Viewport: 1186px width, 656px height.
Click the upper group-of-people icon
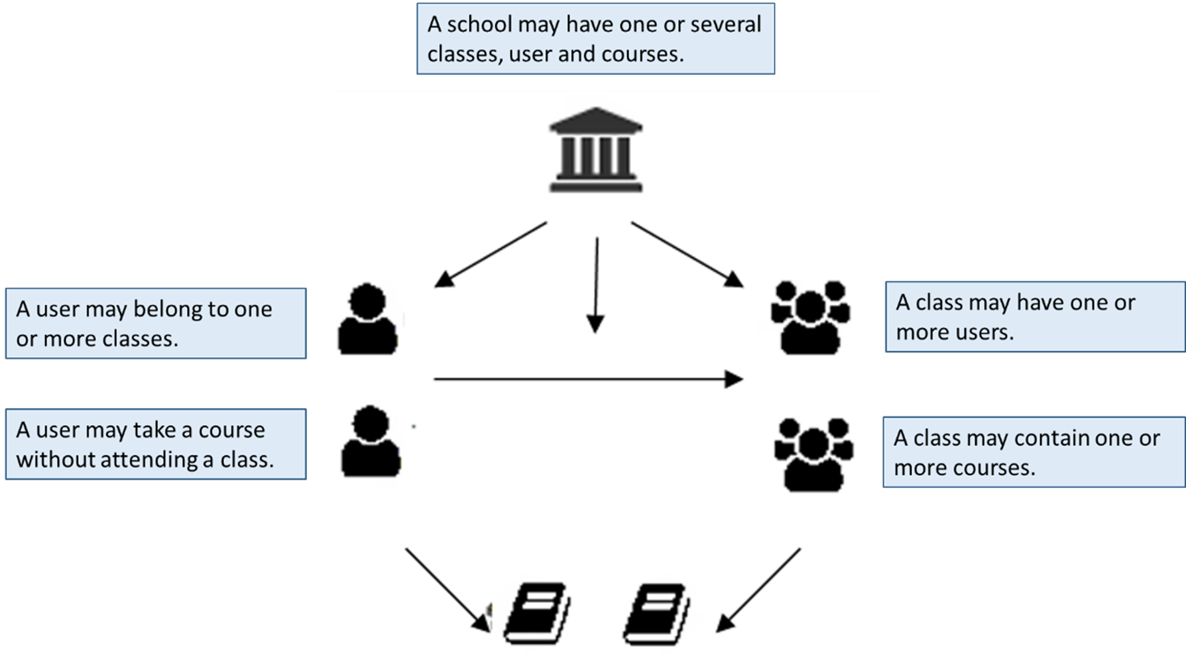click(x=810, y=317)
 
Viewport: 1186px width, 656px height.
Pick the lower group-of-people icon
click(x=813, y=454)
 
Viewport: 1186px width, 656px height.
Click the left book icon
click(x=536, y=613)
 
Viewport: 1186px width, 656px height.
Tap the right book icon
click(x=656, y=613)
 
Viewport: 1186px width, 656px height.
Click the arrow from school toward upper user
click(x=491, y=255)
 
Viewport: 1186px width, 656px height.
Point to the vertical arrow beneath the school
click(x=596, y=285)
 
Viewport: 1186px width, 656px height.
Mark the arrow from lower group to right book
click(x=759, y=589)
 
